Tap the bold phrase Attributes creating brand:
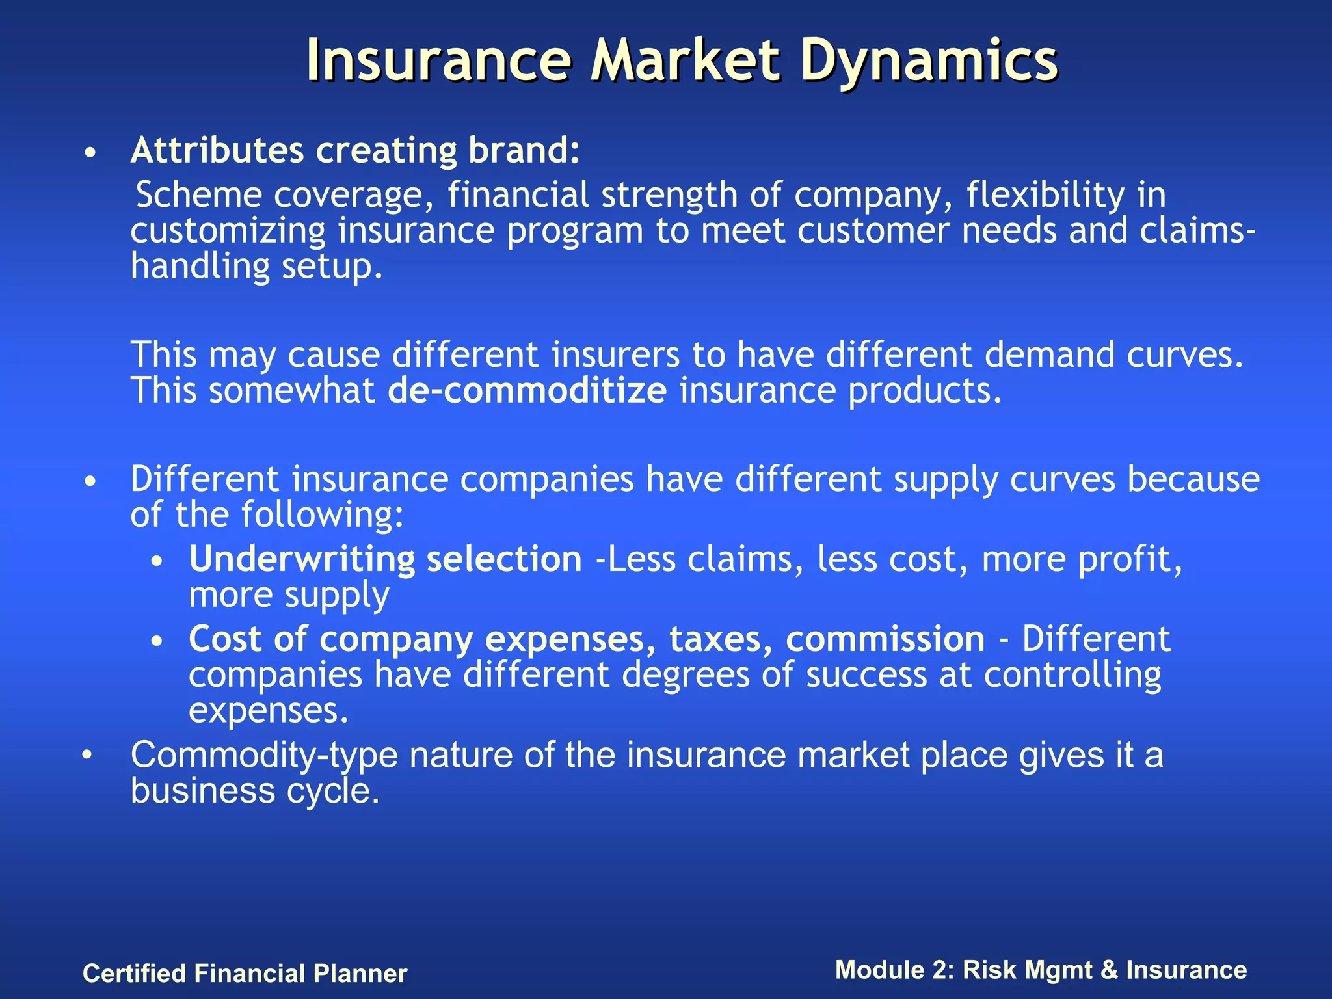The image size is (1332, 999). tap(355, 150)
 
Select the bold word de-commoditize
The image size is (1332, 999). tap(527, 390)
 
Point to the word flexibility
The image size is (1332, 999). tap(1045, 195)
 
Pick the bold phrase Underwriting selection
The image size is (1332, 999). tap(385, 559)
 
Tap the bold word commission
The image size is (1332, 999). tap(885, 639)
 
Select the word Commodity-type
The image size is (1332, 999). tap(264, 756)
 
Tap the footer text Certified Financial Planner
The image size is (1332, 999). tap(245, 974)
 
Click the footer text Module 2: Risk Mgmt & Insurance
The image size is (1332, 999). tap(1041, 970)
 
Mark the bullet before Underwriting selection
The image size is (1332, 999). tap(156, 562)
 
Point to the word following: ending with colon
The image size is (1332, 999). tap(323, 515)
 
